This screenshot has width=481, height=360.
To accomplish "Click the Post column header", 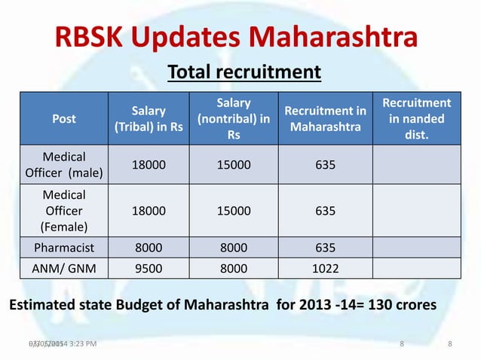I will click(x=63, y=118).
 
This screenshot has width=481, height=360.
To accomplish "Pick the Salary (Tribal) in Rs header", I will click(x=149, y=118).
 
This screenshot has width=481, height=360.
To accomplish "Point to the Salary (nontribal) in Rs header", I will click(x=234, y=118).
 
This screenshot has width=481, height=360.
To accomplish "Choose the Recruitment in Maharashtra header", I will click(x=325, y=118).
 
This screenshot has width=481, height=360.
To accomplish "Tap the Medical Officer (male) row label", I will click(x=64, y=165).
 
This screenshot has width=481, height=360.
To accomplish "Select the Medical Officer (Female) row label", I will click(x=64, y=212).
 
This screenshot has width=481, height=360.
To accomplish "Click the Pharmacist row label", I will click(x=64, y=248).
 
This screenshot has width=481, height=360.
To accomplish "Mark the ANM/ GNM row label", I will click(x=64, y=267).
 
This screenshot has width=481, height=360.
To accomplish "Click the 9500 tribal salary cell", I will click(x=149, y=267).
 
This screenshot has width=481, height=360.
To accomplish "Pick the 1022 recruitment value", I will click(x=325, y=267).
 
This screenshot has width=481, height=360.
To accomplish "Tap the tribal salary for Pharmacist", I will click(x=149, y=248).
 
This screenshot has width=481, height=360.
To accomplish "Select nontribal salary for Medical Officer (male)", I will click(x=234, y=165).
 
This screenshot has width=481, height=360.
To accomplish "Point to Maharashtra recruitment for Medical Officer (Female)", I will click(x=325, y=212).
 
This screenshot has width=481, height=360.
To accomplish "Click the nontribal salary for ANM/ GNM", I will click(x=234, y=267).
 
